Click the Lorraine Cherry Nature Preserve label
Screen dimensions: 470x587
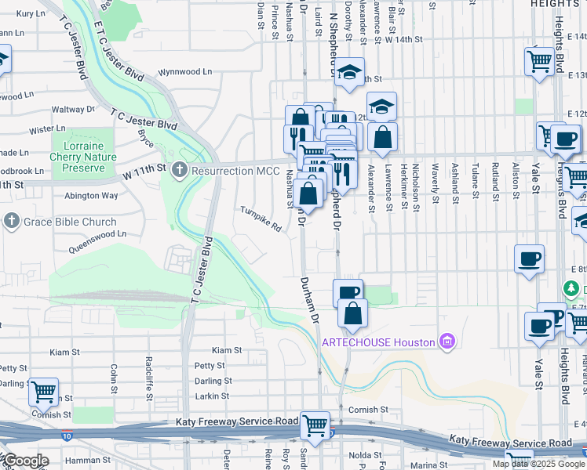click(x=82, y=151)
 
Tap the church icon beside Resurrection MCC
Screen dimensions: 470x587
click(x=179, y=168)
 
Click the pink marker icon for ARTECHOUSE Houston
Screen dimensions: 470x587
click(x=447, y=341)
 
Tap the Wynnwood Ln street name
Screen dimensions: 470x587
click(x=185, y=71)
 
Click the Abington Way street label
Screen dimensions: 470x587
click(x=91, y=196)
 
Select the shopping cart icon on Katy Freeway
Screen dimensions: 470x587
click(x=315, y=426)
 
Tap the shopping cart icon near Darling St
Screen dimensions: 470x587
click(x=43, y=390)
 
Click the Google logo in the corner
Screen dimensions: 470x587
click(x=25, y=461)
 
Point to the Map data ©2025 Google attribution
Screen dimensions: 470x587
click(x=538, y=464)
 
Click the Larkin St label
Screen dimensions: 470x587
click(x=212, y=396)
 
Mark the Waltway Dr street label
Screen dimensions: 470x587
click(x=73, y=110)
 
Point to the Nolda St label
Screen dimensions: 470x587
click(x=365, y=454)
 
